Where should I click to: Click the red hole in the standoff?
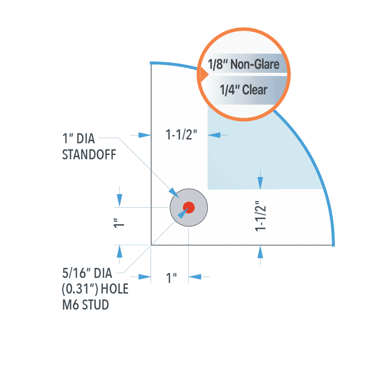(189, 207)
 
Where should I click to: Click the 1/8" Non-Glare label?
(244, 64)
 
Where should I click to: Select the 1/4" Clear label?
(243, 90)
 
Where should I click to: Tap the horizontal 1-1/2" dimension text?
(181, 135)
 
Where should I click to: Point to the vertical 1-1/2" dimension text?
(261, 216)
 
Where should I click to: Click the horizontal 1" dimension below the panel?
(171, 278)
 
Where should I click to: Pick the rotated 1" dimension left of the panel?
(119, 223)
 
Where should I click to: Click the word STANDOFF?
(89, 155)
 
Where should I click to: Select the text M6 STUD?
(85, 305)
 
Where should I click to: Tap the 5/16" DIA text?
(87, 273)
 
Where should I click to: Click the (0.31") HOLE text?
(95, 289)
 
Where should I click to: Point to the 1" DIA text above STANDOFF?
(78, 139)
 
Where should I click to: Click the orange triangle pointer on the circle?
(204, 74)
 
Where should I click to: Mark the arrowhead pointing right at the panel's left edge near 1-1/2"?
(145, 135)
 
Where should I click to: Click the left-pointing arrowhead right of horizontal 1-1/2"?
(214, 135)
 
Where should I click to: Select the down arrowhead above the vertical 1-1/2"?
(260, 183)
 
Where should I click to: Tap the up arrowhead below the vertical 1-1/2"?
(260, 252)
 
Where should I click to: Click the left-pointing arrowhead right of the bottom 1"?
(195, 277)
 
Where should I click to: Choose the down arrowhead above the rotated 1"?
(119, 200)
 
